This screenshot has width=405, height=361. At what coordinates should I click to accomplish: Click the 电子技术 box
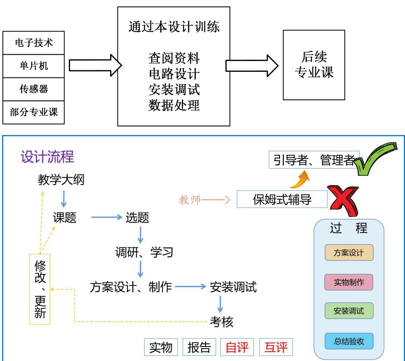tap(34, 43)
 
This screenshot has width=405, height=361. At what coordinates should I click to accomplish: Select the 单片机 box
tap(34, 66)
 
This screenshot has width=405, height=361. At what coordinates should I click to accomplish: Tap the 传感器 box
tap(34, 89)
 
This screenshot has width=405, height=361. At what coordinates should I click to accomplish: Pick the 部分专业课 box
tap(34, 112)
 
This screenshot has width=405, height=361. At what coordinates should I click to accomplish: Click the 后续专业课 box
tap(314, 65)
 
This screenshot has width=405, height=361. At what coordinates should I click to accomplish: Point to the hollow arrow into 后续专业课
tap(252, 65)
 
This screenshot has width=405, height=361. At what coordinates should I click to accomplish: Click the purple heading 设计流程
tap(47, 157)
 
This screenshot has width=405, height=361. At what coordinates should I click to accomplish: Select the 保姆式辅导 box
tap(282, 199)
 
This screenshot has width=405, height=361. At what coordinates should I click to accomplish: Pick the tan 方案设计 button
tap(349, 253)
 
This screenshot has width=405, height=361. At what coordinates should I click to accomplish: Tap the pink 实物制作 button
tap(349, 282)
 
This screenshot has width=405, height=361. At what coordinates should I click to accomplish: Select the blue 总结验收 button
tap(349, 341)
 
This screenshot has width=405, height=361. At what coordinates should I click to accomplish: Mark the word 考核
tap(222, 321)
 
